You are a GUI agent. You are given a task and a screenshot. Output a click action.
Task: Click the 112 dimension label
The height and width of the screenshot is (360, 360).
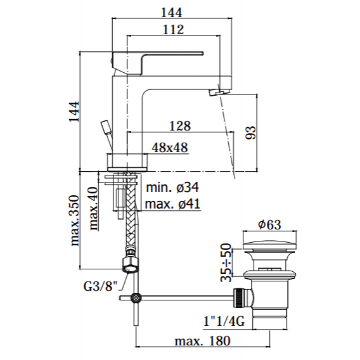point(173,30)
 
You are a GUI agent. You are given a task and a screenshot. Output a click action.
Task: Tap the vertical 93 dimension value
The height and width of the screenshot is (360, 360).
point(250,132)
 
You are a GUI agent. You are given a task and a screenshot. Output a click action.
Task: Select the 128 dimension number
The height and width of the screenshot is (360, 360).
point(180,126)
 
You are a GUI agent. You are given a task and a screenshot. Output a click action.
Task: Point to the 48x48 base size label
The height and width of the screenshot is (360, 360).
point(170,148)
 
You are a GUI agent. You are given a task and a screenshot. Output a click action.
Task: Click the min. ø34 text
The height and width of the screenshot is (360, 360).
point(172,188)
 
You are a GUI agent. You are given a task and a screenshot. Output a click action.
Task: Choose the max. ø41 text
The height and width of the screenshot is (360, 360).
point(172,203)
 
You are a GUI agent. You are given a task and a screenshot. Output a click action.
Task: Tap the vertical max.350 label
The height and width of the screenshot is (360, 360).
point(75,221)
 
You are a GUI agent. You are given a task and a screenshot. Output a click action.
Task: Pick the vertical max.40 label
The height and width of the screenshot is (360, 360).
point(93,209)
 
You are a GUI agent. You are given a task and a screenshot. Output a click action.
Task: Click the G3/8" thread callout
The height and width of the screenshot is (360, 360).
point(101,286)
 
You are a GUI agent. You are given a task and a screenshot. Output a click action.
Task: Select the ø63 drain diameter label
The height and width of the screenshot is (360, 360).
point(269,224)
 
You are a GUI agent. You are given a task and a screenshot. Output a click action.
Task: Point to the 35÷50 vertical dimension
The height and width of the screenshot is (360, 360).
point(226,262)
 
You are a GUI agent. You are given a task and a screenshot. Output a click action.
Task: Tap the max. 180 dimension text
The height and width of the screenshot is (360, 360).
point(203,341)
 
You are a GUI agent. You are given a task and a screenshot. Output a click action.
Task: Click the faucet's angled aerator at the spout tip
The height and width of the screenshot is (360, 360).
point(219,93)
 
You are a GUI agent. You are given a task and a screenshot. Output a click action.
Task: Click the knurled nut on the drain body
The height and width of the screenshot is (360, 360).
point(238,298)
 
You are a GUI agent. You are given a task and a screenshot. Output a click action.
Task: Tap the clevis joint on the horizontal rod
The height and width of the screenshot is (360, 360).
point(136,298)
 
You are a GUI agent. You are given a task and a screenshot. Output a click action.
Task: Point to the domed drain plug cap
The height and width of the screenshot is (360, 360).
point(269,246)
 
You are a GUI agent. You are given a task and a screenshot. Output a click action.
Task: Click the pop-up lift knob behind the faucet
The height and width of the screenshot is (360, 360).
point(106,127)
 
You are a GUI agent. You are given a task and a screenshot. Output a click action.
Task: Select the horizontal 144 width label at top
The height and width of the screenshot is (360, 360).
point(172,13)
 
